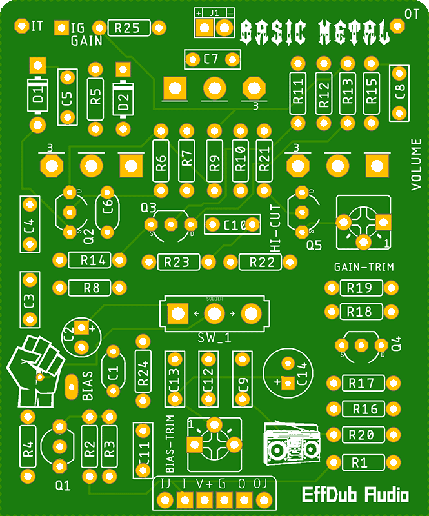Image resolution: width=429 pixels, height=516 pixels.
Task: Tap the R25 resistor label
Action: coord(126,28)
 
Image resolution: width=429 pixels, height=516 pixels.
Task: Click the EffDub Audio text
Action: coord(355,495)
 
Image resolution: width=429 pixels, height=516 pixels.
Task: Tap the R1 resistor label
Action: coord(359,462)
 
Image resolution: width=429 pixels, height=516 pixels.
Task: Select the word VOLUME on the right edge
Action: coord(416,164)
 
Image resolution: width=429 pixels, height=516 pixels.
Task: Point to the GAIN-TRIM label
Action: coord(364,266)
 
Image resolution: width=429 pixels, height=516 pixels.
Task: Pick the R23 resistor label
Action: coord(177,262)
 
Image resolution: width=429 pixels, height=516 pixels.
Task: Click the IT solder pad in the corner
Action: coord(21,26)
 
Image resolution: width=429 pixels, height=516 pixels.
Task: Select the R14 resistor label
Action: coord(93,261)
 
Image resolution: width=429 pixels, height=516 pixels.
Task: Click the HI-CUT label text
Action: coord(275,233)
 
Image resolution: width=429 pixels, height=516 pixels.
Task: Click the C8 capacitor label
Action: coord(400,92)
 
